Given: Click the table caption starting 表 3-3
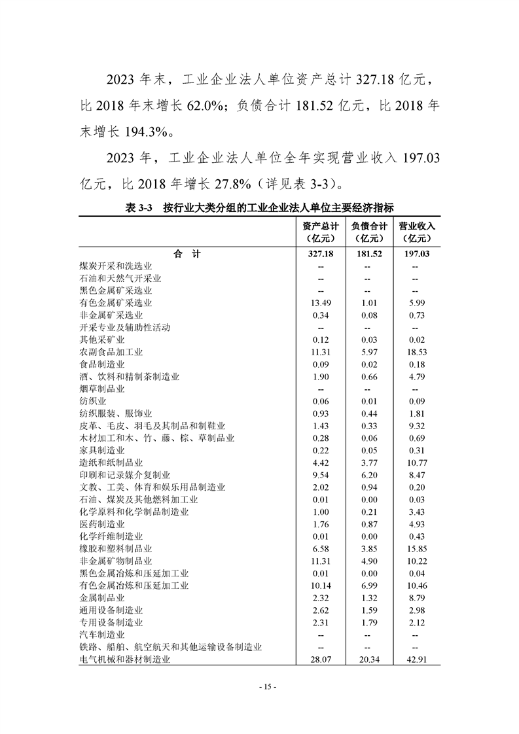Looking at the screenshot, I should [x=259, y=208].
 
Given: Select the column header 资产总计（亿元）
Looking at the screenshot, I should [x=321, y=232].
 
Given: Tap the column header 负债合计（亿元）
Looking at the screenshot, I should [x=368, y=232].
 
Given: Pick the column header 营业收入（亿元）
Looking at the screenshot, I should [x=416, y=232].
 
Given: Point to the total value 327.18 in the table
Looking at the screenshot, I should [x=321, y=254].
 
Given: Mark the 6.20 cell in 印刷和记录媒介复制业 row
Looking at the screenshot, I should [x=368, y=475].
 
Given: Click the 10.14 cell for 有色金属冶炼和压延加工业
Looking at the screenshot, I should [x=321, y=585].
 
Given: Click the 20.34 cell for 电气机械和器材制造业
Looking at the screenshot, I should [x=368, y=659].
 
